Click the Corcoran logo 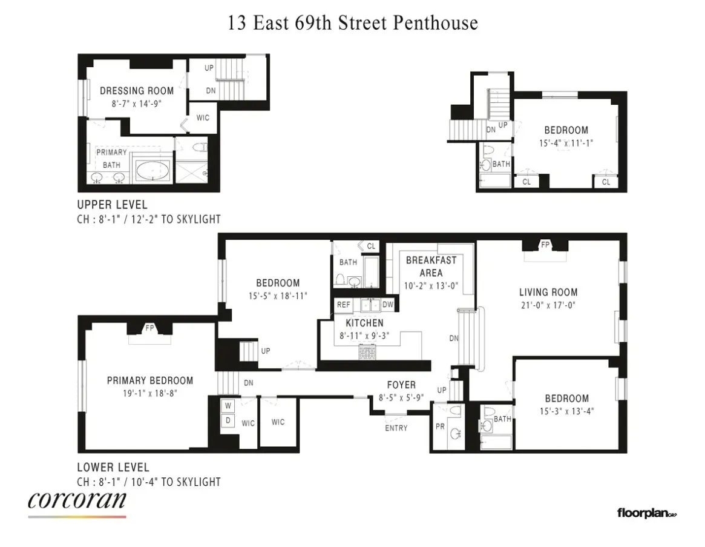pyautogui.click(x=77, y=502)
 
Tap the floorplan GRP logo pyautogui.click(x=646, y=514)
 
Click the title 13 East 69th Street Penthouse pyautogui.click(x=353, y=23)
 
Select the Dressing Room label pyautogui.click(x=137, y=91)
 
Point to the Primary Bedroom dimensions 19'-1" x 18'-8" pyautogui.click(x=150, y=393)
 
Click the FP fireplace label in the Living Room pyautogui.click(x=545, y=245)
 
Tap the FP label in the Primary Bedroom pyautogui.click(x=149, y=328)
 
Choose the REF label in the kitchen pyautogui.click(x=343, y=305)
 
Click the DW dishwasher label pyautogui.click(x=388, y=305)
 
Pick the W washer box pyautogui.click(x=228, y=405)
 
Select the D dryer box pyautogui.click(x=228, y=420)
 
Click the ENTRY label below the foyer pyautogui.click(x=396, y=428)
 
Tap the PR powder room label pyautogui.click(x=440, y=426)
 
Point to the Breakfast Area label pyautogui.click(x=431, y=267)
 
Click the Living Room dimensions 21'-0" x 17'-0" pyautogui.click(x=548, y=305)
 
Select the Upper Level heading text pyautogui.click(x=112, y=205)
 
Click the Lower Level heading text pyautogui.click(x=113, y=468)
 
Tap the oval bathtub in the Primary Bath pyautogui.click(x=151, y=171)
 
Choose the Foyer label pyautogui.click(x=401, y=385)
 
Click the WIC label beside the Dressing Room pyautogui.click(x=203, y=118)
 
